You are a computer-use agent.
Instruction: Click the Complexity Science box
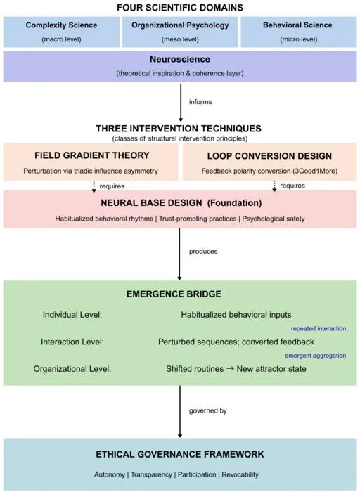point(61,32)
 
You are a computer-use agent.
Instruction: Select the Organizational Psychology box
point(180,32)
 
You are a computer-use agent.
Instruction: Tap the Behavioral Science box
point(299,32)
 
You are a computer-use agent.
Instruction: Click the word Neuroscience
point(180,59)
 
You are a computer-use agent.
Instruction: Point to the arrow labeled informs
point(181,103)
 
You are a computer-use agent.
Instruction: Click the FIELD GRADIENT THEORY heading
point(92,155)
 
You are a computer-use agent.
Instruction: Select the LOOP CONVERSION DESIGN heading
point(269,156)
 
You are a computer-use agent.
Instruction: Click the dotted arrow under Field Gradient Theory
point(94,186)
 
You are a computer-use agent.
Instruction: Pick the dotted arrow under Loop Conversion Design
point(274,186)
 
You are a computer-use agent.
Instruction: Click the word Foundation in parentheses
point(234,203)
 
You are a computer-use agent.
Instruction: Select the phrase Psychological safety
point(274,219)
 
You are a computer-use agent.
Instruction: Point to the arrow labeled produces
point(179,254)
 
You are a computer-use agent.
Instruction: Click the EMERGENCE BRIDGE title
point(174,294)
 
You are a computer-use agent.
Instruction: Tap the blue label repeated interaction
point(319,328)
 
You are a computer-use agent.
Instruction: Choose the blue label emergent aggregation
point(316,356)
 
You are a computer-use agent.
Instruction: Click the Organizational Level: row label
point(72,369)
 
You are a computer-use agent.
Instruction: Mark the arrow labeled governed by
point(180,412)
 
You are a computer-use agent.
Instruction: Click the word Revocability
point(240,474)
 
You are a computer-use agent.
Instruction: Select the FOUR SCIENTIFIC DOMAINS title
point(180,8)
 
